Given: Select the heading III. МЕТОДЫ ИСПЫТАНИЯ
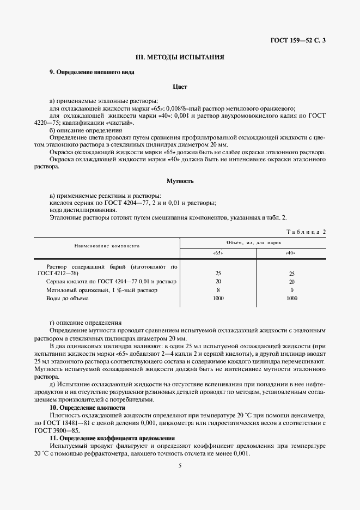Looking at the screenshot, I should click(180, 57).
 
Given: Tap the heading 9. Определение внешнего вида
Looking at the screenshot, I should click(92, 72).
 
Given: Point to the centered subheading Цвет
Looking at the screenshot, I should click(180, 86).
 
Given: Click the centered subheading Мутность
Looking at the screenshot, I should click(180, 180).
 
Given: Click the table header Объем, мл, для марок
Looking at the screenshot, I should click(253, 241).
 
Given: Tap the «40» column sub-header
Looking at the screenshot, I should click(291, 253).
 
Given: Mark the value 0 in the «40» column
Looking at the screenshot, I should click(291, 290).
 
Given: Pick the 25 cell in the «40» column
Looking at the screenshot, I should click(291, 274).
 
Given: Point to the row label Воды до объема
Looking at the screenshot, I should click(68, 299).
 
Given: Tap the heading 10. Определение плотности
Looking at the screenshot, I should click(87, 408).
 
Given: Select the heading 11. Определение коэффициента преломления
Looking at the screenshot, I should click(112, 438).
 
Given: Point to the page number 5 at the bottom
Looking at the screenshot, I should click(180, 465).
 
